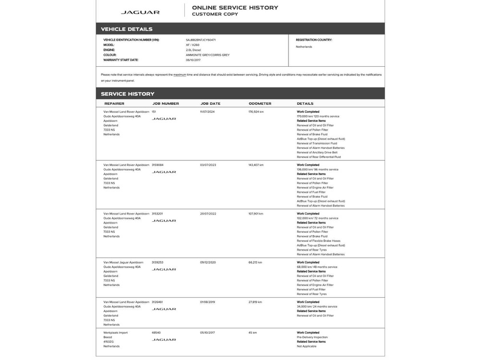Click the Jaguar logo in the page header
140,12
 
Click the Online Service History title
235,8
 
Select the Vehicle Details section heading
127,29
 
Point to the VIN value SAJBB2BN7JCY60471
201,40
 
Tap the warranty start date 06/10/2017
193,60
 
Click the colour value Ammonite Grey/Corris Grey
207,55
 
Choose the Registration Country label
314,40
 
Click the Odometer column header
260,104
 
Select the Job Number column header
166,104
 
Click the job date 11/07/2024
207,112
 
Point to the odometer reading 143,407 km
256,165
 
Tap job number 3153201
157,214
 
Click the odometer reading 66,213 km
255,263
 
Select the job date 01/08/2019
207,302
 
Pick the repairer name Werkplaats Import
116,333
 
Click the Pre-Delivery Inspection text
312,337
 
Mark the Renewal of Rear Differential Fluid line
319,157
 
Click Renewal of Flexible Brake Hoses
319,241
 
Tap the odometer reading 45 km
252,333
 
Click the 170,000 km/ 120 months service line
318,116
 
